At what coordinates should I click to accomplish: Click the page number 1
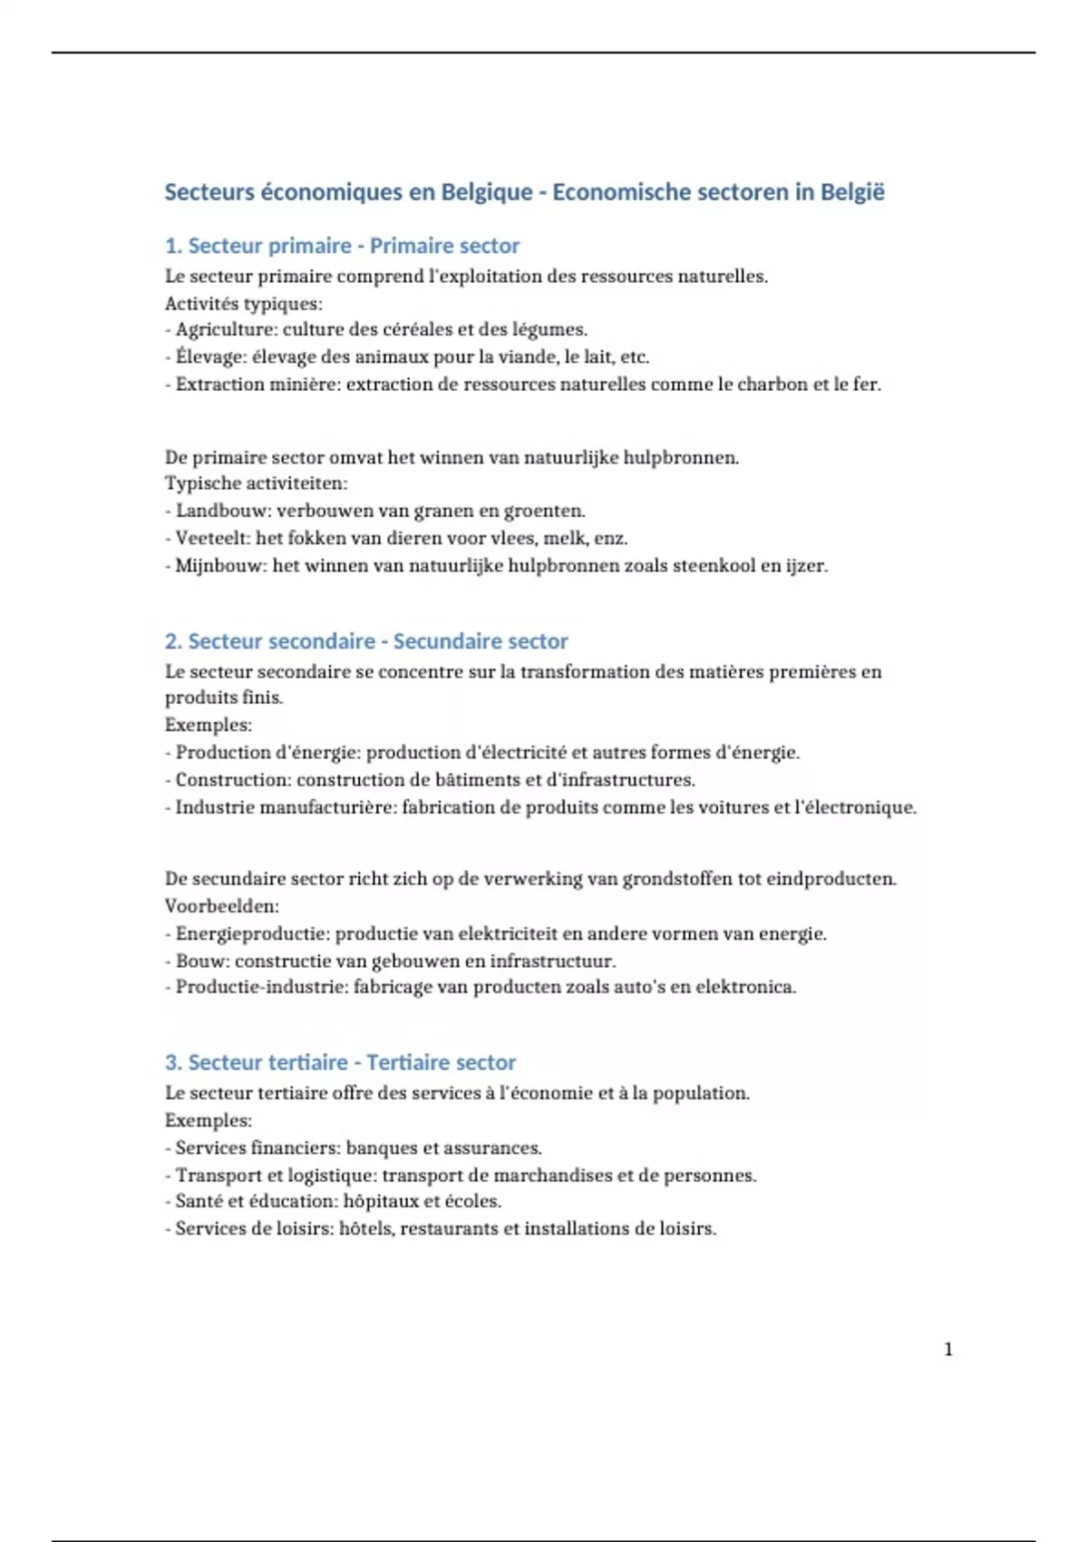(948, 1350)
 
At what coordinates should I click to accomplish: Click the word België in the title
(852, 192)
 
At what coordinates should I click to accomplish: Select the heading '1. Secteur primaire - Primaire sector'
(342, 246)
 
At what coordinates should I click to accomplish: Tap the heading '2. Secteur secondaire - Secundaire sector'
(366, 641)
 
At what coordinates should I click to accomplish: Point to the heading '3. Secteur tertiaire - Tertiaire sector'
(340, 1062)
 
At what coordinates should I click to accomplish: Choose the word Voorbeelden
(221, 906)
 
